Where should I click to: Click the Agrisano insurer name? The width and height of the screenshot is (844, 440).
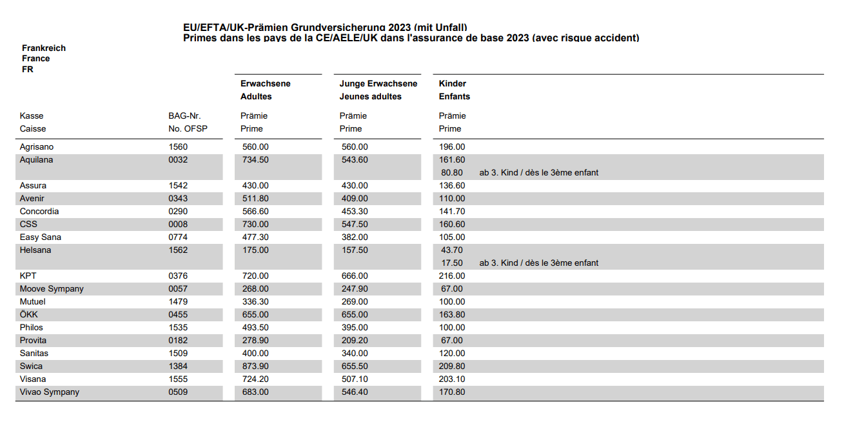tap(37, 147)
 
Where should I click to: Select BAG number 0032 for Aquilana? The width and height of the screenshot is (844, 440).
tap(178, 160)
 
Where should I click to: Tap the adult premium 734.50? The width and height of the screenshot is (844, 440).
tap(255, 160)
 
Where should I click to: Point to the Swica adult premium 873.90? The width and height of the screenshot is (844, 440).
tap(255, 366)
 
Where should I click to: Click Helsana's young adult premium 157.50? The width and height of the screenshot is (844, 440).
tap(355, 250)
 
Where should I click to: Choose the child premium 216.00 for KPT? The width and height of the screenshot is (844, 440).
tap(452, 276)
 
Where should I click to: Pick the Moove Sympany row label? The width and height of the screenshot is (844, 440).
tap(52, 289)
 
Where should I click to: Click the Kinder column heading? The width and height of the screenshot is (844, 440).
tap(453, 84)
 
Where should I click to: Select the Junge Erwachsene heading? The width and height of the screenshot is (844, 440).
tap(378, 84)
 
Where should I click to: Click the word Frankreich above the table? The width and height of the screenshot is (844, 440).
tap(44, 48)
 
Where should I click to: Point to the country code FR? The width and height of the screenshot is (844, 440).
tap(28, 70)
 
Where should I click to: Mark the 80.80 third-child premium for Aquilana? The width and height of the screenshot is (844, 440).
tap(452, 173)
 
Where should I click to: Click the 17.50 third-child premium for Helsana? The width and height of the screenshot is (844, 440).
tap(452, 263)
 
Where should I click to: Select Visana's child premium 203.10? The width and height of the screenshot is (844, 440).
tap(452, 379)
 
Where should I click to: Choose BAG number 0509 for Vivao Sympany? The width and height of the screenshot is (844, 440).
tap(178, 392)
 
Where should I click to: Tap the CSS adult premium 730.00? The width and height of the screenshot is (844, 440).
tap(255, 225)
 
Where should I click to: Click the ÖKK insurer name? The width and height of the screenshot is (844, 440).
tap(29, 315)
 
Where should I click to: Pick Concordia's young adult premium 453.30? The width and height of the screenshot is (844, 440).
tap(355, 212)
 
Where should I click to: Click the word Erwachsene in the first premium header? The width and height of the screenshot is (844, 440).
tap(266, 84)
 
